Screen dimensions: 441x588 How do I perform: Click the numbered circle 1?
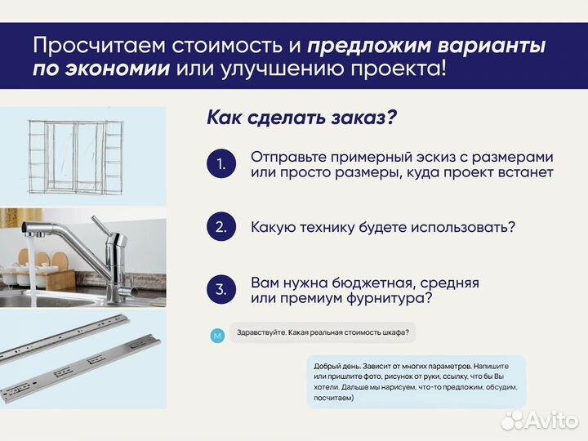[x=220, y=164]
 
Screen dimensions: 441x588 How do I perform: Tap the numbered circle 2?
[x=220, y=226]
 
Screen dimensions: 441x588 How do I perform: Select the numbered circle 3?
[x=220, y=289]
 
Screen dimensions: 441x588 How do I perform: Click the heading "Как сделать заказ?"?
[x=301, y=118]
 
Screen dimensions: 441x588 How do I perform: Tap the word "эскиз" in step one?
[x=429, y=156]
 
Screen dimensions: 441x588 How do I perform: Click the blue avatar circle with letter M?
[x=216, y=336]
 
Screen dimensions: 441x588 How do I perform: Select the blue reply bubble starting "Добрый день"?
[x=416, y=381]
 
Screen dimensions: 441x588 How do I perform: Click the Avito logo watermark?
[x=539, y=419]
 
